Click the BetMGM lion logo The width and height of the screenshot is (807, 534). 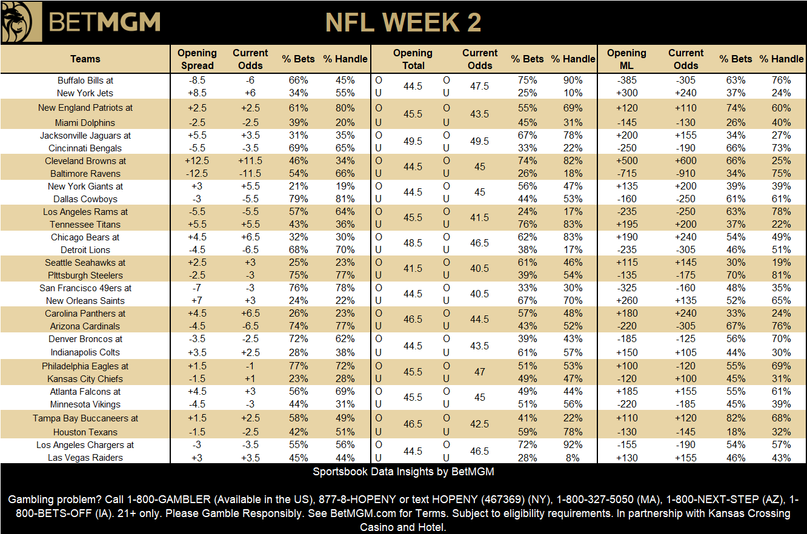(x=22, y=22)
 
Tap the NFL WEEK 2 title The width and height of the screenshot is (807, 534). (x=403, y=23)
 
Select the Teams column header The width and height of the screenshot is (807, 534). (x=85, y=59)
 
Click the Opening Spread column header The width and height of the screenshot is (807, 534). (x=198, y=59)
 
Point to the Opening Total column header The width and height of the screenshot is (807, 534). (x=413, y=59)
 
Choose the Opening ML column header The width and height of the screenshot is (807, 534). (x=626, y=59)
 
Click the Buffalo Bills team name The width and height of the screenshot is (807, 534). (x=85, y=80)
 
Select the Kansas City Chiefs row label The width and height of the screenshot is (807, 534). (x=85, y=378)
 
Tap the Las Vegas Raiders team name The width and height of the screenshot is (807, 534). (x=85, y=458)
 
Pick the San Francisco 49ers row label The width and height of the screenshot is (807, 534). (x=85, y=288)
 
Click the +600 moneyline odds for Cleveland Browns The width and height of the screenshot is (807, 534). (x=686, y=161)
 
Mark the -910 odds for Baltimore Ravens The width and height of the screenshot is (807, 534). (x=686, y=174)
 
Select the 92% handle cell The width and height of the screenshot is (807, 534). (x=572, y=445)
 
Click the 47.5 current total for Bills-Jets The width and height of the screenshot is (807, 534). (x=480, y=86)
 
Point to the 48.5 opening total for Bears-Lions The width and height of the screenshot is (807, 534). (x=413, y=243)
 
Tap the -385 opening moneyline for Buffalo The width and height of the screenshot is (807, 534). (x=626, y=80)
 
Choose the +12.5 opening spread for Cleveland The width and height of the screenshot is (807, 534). (x=197, y=161)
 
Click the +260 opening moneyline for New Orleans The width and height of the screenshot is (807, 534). (x=626, y=301)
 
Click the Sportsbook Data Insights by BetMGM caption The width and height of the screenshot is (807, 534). (x=403, y=472)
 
